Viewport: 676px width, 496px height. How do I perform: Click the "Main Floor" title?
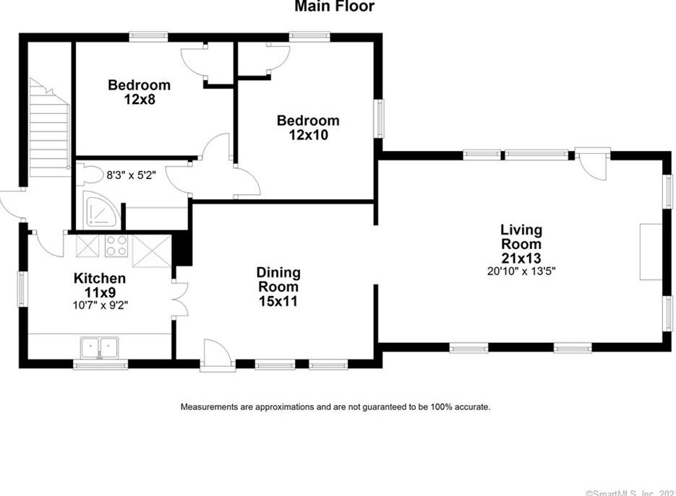[334, 7]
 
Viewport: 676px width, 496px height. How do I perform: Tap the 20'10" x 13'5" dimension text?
[521, 271]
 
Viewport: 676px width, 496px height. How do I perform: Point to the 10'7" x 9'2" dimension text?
[100, 304]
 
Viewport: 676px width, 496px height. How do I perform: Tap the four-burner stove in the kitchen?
[116, 246]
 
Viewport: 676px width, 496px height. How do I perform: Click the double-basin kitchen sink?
[100, 347]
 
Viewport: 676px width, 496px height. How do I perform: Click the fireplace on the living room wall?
[649, 251]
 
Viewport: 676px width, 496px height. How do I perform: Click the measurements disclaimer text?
[335, 407]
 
